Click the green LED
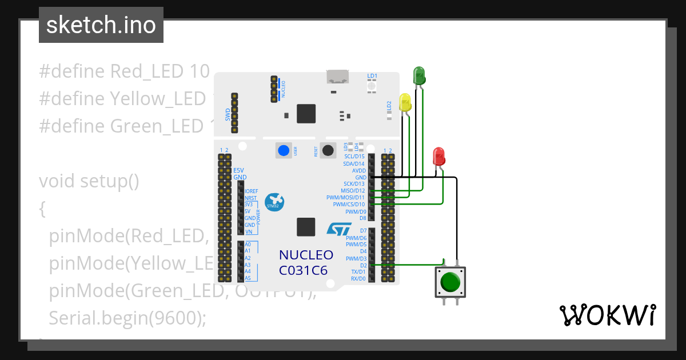click(x=419, y=75)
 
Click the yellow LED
click(x=405, y=103)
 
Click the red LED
click(x=438, y=156)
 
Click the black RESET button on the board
click(x=328, y=150)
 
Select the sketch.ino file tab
click(x=101, y=25)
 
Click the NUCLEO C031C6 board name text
click(x=305, y=262)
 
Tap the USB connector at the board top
click(x=338, y=77)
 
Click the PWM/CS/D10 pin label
click(x=349, y=205)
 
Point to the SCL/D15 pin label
click(x=354, y=157)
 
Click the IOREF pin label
click(x=251, y=191)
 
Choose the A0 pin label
click(x=248, y=245)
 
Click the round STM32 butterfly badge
click(x=275, y=202)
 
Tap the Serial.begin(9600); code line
click(x=127, y=318)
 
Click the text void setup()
click(x=89, y=181)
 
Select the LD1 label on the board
click(x=372, y=75)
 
